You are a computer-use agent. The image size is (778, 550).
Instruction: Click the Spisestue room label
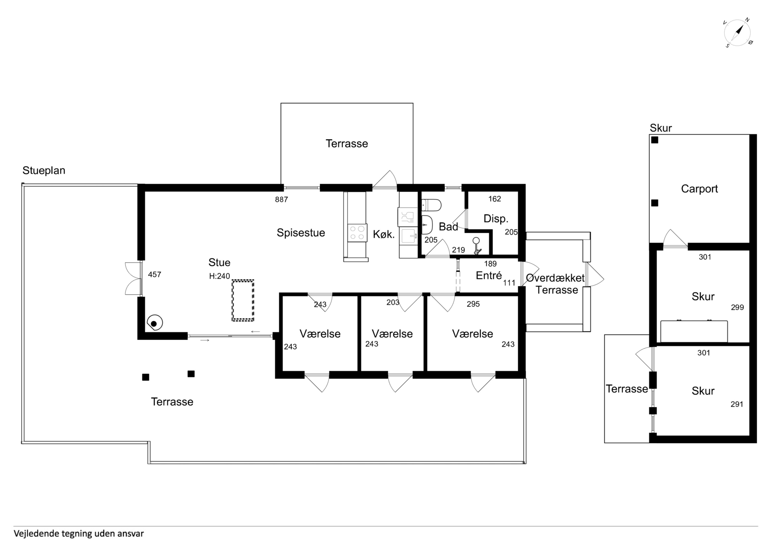pos(301,233)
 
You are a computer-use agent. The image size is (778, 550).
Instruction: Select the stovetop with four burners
pos(357,232)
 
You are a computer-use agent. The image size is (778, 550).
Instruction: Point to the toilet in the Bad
pos(431,205)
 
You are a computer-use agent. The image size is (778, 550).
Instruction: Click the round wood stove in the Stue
pos(155,323)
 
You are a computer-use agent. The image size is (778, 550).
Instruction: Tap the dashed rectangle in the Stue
pos(243,300)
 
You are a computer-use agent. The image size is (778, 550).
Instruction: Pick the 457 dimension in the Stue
pos(155,274)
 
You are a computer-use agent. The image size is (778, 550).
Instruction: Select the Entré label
pos(489,276)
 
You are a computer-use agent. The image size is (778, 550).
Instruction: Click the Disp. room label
pos(496,219)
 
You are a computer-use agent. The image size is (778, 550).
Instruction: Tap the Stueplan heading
pos(44,170)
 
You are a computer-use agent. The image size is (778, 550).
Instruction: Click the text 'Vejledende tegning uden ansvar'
pos(79,534)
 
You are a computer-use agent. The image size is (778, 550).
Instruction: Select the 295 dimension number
pos(473,304)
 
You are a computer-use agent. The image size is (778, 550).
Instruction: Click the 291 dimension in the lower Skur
pos(737,404)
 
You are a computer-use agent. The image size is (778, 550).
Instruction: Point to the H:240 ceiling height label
pos(220,276)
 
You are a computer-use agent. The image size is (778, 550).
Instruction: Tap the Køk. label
pos(384,235)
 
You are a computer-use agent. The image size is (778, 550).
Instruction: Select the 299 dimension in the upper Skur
pos(737,307)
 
